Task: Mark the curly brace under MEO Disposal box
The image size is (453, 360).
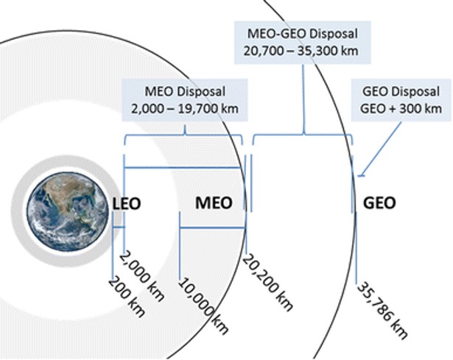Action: click(184, 139)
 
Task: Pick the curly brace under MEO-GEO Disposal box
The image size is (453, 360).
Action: click(303, 138)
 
